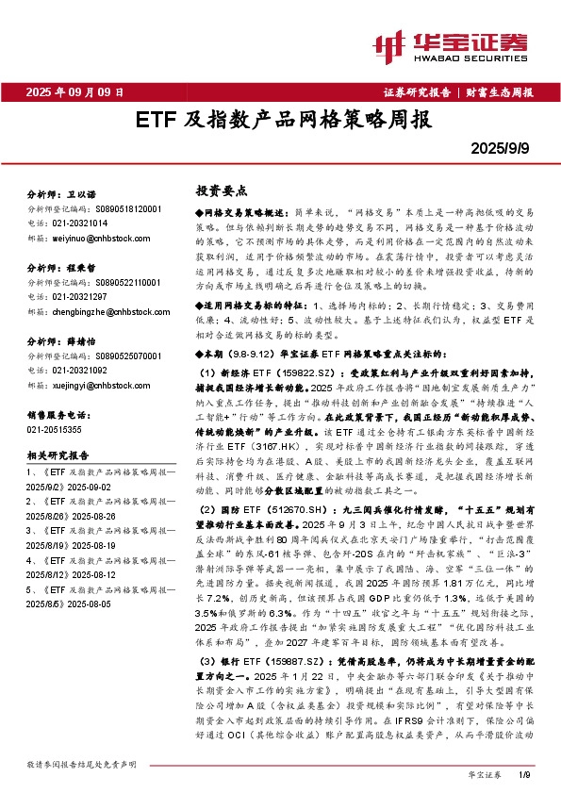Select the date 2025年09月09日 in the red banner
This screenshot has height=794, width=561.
click(x=74, y=92)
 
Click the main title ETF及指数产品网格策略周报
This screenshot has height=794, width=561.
click(x=281, y=122)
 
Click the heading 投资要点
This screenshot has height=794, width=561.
click(x=214, y=190)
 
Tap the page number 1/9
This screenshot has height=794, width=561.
click(x=525, y=774)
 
